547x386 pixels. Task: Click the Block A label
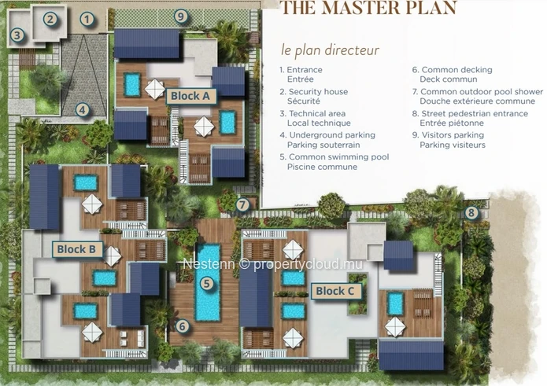[x=190, y=96]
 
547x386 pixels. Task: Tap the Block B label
[x=77, y=249]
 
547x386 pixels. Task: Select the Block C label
[x=335, y=291]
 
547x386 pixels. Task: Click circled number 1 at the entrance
[x=87, y=20]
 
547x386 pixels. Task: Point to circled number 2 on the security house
[x=50, y=19]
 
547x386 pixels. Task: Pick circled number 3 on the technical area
[x=17, y=35]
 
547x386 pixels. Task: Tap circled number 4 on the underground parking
[x=82, y=110]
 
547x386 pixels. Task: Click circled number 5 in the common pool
[x=206, y=284]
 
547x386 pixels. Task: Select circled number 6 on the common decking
[x=182, y=326]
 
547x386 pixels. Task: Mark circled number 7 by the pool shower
[x=242, y=204]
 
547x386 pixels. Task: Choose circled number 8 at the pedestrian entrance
[x=471, y=212]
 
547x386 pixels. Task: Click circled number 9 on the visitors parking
[x=180, y=17]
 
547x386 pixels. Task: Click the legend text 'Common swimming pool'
[x=338, y=156]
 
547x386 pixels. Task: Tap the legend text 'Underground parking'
[x=332, y=135]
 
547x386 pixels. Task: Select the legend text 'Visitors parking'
[x=453, y=135]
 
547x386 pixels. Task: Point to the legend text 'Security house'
[x=318, y=92]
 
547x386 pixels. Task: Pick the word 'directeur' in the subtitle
[x=353, y=50]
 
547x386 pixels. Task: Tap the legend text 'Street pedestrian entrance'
[x=475, y=113]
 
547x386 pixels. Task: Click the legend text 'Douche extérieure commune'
[x=477, y=101]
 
